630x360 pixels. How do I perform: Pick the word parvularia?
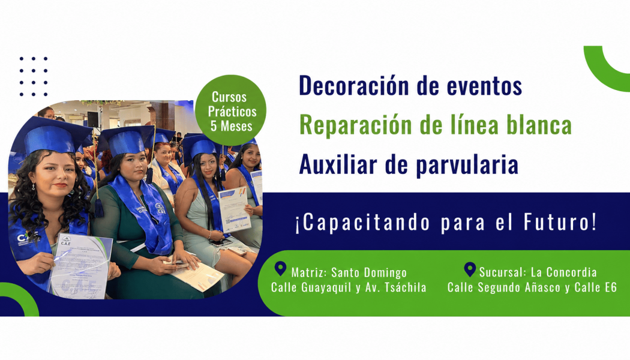[x=467, y=166]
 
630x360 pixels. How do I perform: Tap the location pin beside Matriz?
[x=280, y=269]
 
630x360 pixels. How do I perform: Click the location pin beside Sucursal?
[x=470, y=269]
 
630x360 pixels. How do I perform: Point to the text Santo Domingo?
[x=369, y=273]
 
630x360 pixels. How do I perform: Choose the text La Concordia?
[x=564, y=272]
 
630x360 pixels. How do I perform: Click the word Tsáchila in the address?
[x=406, y=287]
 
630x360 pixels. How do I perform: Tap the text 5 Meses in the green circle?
[x=232, y=126]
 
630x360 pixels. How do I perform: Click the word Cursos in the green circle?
[x=229, y=97]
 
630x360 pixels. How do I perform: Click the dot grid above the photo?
[x=34, y=76]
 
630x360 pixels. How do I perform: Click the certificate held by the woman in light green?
[x=235, y=209]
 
